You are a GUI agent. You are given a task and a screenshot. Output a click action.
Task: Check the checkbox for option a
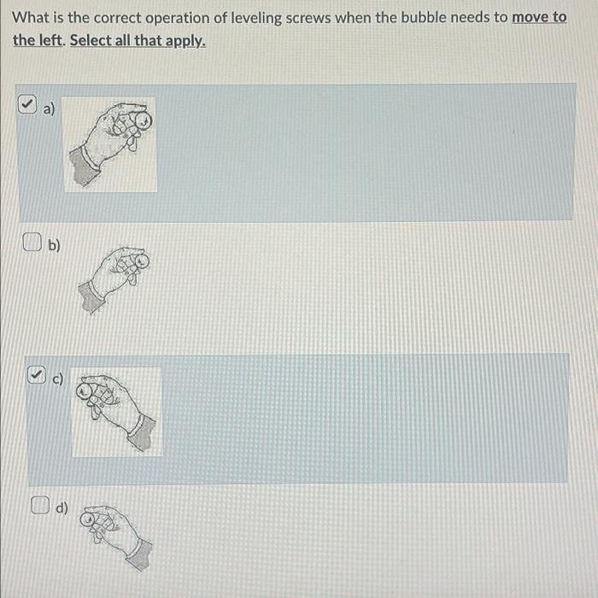27,104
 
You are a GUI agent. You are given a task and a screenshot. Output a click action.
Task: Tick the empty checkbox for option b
32,242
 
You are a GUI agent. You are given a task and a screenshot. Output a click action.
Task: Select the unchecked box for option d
40,505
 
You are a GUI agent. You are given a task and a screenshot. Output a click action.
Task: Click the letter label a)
49,109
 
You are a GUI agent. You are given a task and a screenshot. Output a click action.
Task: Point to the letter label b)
54,245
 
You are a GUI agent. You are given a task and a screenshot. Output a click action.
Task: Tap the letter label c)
57,378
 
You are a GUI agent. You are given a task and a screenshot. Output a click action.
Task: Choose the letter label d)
62,508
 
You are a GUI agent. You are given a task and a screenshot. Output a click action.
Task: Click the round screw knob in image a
142,121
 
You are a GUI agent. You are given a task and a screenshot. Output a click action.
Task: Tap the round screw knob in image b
141,262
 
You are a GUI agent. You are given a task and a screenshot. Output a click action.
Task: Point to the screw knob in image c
85,391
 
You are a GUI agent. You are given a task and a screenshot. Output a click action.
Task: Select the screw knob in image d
88,519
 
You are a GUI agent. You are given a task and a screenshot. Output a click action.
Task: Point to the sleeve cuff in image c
142,432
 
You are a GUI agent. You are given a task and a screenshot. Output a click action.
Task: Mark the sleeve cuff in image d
139,554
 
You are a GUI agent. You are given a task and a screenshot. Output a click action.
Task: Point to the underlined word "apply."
185,41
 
